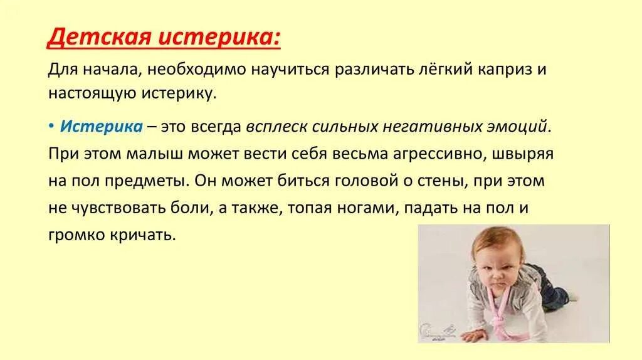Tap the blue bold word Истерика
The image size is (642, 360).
pyautogui.click(x=101, y=126)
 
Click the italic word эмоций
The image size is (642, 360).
pyautogui.click(x=520, y=126)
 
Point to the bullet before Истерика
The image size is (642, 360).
pyautogui.click(x=51, y=126)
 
